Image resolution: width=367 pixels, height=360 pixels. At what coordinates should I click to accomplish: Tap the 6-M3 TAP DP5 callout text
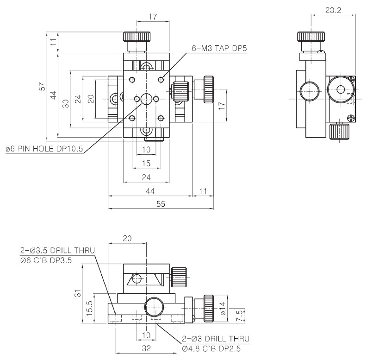218,48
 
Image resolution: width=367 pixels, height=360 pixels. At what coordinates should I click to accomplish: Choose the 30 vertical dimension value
66,103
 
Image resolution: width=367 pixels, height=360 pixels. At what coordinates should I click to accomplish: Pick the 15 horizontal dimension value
146,163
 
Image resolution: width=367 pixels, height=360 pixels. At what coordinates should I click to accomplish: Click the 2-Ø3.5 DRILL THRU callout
58,251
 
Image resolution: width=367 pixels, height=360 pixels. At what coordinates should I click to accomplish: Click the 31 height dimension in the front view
77,293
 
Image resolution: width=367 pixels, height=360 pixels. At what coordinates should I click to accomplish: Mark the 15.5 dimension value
90,308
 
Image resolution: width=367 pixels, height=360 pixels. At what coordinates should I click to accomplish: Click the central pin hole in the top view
147,98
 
